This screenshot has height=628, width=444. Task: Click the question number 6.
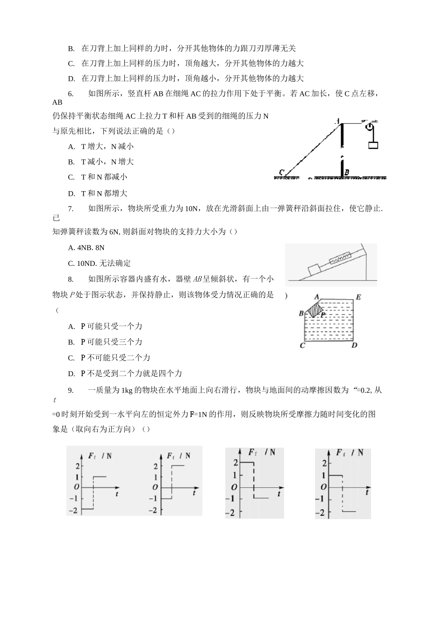point(71,93)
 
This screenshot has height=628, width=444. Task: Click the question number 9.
point(71,390)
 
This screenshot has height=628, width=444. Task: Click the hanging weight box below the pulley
point(372,145)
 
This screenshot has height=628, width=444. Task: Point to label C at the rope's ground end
point(281,172)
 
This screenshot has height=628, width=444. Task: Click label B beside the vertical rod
point(347,172)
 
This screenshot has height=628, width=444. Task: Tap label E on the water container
point(358,297)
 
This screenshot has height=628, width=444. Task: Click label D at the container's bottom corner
point(354,345)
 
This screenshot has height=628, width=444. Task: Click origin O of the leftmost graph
point(76,487)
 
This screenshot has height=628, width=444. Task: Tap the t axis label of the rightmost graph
point(367,492)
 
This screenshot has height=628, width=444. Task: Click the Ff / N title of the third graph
point(262,452)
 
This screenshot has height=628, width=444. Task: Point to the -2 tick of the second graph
point(153,510)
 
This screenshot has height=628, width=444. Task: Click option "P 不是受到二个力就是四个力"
point(131,373)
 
